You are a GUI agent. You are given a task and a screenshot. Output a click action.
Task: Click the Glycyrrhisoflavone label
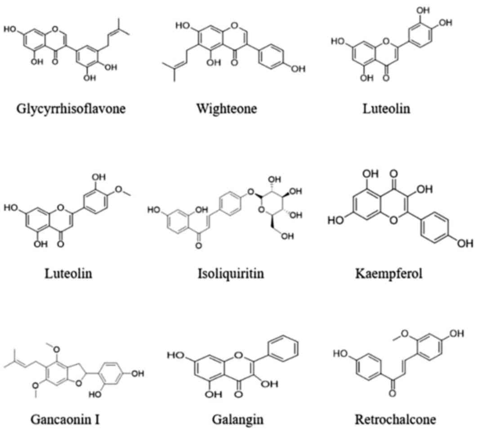click(71, 109)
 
